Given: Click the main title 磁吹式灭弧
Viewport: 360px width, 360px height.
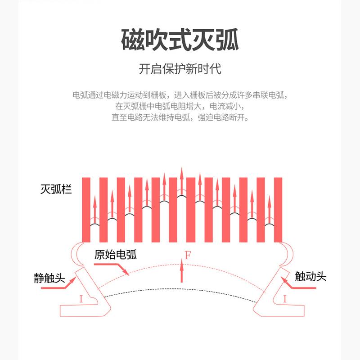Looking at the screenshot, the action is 180,40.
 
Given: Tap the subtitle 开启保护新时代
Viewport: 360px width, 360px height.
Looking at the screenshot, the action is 180,70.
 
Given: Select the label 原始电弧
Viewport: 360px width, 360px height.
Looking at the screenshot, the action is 115,255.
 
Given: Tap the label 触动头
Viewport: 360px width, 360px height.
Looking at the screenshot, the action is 310,276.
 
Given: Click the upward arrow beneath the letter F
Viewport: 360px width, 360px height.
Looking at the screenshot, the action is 182,272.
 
